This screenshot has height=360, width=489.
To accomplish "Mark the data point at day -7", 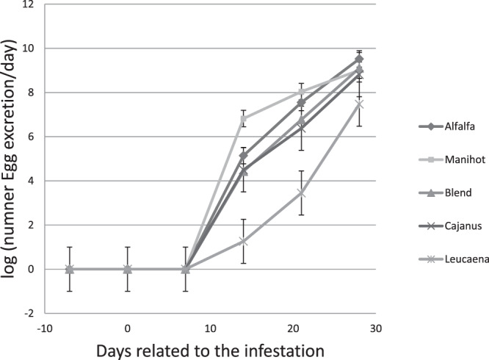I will click(x=69, y=269).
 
